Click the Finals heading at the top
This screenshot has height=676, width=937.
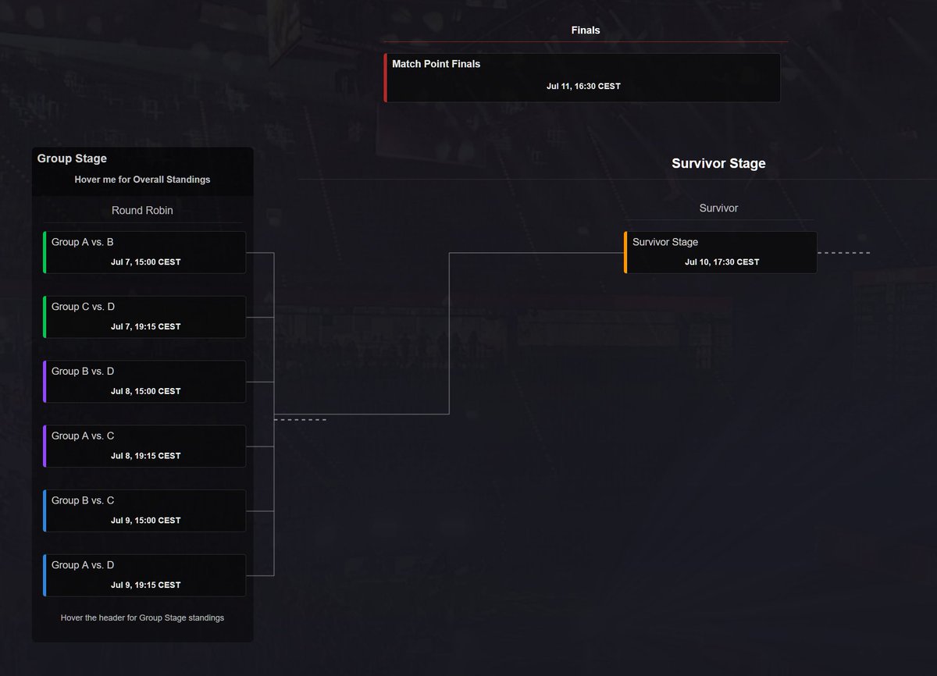585,30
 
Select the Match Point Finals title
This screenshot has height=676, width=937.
436,64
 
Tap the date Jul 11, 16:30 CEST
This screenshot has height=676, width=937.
583,86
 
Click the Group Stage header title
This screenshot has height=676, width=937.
72,158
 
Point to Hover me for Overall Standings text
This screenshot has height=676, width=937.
142,180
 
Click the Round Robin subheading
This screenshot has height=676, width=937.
142,210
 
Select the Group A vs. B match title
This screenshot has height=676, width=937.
83,242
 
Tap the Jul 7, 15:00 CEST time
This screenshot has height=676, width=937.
145,262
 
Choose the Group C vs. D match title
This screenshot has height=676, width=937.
83,307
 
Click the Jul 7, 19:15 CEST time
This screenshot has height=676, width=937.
145,326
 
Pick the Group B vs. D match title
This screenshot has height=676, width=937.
83,372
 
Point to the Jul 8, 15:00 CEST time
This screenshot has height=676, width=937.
145,391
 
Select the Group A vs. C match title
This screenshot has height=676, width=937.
83,436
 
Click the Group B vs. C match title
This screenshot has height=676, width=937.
83,500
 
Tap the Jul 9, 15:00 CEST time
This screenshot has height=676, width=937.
145,521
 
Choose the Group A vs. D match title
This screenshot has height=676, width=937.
83,565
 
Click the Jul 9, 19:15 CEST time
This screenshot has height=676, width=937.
145,585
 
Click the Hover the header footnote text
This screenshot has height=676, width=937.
142,618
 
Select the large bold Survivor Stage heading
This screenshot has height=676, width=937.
718,163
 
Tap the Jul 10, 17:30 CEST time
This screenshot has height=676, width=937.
722,262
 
